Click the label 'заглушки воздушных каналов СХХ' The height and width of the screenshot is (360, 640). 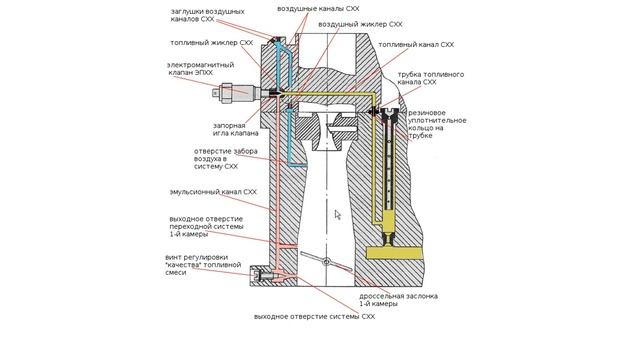coord(207,15)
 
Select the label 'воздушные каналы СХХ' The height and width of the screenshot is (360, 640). coord(318,8)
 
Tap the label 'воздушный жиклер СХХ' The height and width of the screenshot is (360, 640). coord(360,24)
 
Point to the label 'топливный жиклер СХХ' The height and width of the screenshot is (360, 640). coord(211,42)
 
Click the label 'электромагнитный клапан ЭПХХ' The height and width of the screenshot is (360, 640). coord(200,69)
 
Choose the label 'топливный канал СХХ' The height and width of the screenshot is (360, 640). coord(416,44)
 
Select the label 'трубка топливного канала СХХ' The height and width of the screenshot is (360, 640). coord(431,78)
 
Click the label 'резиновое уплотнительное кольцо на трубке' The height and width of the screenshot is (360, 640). coord(437,124)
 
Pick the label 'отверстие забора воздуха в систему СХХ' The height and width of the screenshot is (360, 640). coord(225,159)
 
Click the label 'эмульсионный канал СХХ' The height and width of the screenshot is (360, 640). coord(213,192)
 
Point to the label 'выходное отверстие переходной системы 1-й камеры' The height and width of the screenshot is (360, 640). coord(206,227)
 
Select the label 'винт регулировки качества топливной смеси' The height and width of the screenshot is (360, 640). coord(203,265)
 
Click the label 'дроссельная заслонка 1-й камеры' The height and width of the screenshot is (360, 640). coord(398,300)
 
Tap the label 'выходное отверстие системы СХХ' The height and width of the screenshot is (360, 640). coord(314,316)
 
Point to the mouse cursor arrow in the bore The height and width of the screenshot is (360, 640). coord(338,215)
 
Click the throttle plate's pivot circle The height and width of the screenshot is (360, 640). coord(326,261)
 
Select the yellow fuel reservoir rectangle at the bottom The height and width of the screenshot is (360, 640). coord(394,253)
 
